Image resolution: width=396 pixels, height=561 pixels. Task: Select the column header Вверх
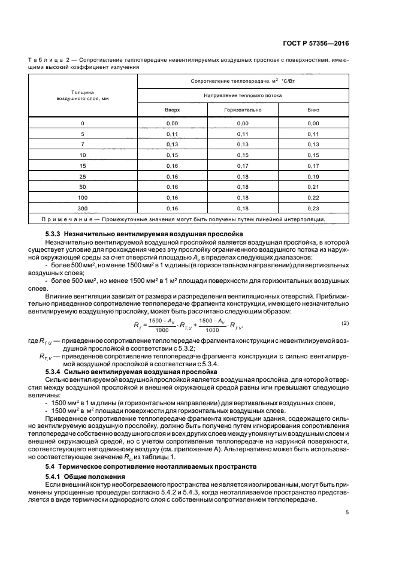[173, 110]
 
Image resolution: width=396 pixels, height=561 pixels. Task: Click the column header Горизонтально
[243, 110]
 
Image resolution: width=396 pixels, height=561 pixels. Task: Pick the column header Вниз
[312, 110]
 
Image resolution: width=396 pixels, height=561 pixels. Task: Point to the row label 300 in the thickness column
[83, 208]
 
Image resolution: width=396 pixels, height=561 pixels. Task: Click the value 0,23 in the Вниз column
[312, 208]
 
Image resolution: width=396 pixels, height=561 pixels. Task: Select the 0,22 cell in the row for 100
[312, 197]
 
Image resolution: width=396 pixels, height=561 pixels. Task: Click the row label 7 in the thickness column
[83, 144]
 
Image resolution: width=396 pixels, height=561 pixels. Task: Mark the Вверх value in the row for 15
[173, 165]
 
